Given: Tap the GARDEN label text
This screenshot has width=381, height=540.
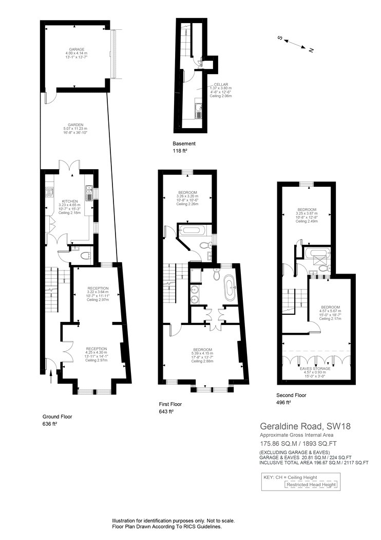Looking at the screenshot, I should [x=73, y=124].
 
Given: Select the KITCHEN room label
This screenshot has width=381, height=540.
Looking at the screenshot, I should [x=70, y=201].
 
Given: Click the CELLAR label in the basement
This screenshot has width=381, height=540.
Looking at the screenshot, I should [x=221, y=85].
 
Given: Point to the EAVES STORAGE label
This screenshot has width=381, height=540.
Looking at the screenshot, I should [x=316, y=368].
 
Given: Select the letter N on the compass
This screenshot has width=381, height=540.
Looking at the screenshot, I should [x=311, y=50].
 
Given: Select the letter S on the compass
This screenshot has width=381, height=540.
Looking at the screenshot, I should [x=280, y=37].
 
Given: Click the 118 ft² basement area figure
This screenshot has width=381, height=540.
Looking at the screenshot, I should [x=180, y=151].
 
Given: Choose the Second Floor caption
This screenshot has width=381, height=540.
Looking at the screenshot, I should [x=291, y=395].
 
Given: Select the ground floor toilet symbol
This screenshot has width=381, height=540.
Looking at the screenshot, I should [x=85, y=254].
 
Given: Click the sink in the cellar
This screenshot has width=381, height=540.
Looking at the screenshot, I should [x=199, y=108].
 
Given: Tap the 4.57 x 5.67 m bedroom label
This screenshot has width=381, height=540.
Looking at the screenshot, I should [x=330, y=311].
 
